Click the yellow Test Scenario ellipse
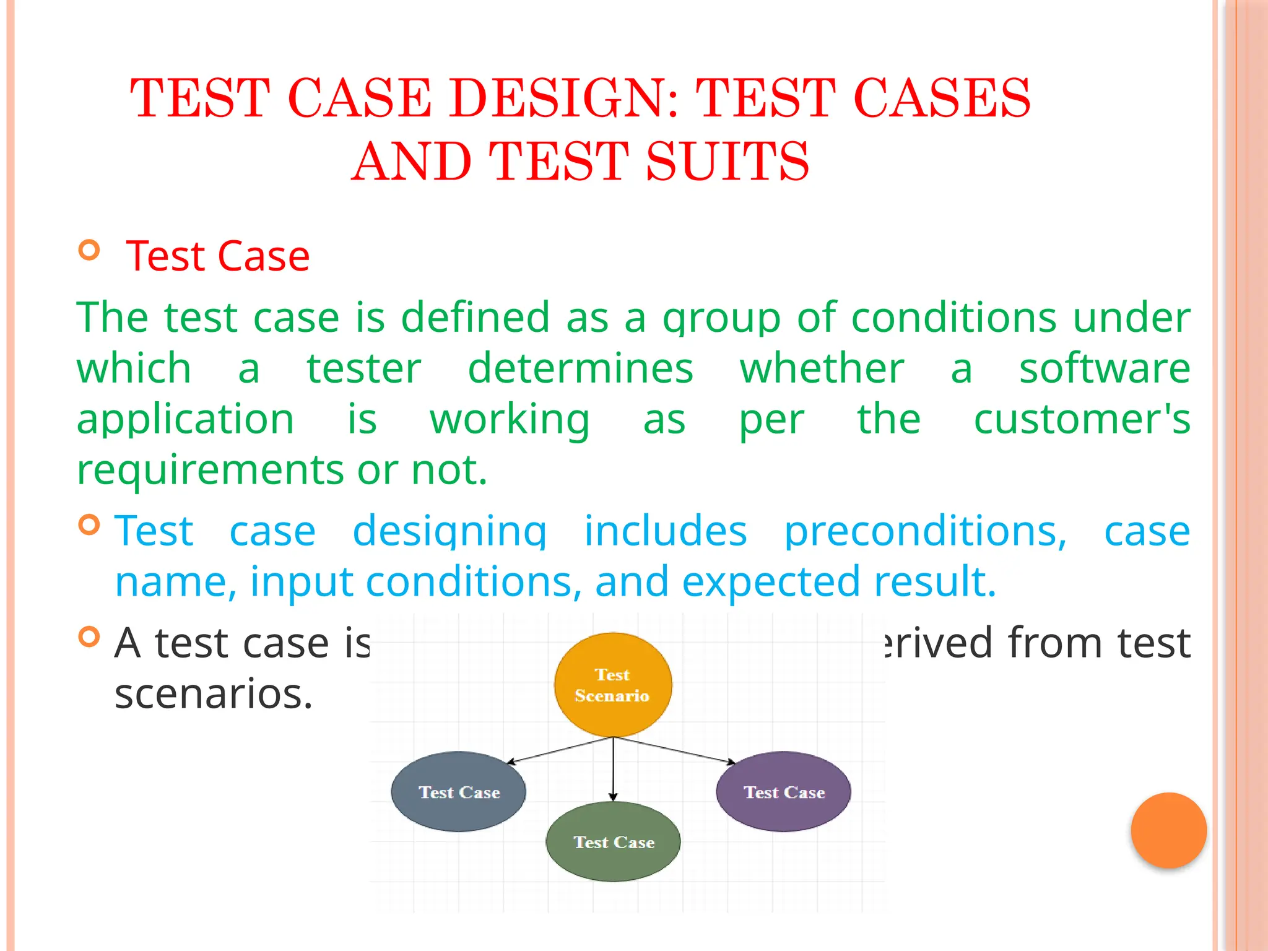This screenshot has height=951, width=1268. pos(612,685)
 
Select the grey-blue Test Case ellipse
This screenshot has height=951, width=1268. pos(459,792)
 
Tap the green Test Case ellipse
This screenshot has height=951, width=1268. pos(613,842)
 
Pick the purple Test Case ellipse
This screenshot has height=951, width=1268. pos(783,792)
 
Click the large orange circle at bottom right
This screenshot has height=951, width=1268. pos(1168,830)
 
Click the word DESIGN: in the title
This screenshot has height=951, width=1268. pos(564,98)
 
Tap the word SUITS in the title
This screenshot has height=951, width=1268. pos(727,162)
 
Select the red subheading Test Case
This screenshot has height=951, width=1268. pos(217,256)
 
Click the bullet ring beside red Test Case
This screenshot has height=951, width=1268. pos(90,250)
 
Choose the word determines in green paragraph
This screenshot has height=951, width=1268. pos(580,368)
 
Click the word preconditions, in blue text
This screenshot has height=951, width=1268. pos(925,531)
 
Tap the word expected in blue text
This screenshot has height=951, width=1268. pos(771,582)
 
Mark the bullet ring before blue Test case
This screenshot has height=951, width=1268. pos(90,525)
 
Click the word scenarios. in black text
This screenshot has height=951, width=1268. pos(214,694)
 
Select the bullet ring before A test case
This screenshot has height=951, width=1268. pos(90,636)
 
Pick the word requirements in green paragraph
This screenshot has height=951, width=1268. pos(210,470)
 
